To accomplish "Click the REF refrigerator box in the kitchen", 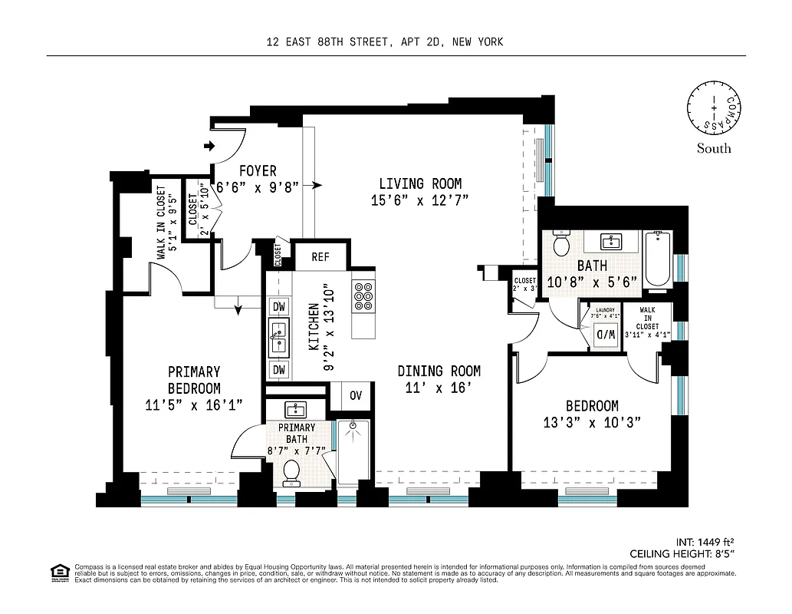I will tap(320, 257).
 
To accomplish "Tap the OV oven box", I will tap(356, 396).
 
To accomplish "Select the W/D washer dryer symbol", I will tap(606, 335).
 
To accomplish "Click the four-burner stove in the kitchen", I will tap(363, 295).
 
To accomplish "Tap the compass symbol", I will tap(713, 109).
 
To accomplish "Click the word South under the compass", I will tap(713, 149).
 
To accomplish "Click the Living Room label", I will tap(420, 183).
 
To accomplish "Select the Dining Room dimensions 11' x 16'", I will tap(439, 388).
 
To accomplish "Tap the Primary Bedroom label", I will tap(194, 380).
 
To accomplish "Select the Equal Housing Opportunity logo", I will tap(58, 572).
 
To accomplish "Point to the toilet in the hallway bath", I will tap(561, 244).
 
